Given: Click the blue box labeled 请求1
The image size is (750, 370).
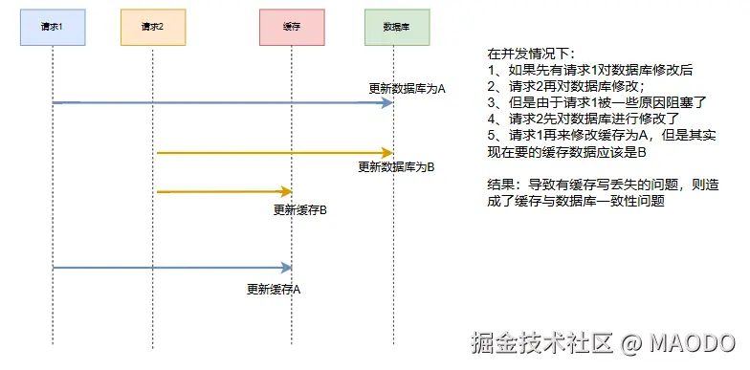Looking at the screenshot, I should (53, 27).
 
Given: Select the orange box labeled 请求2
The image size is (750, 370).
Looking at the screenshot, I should (152, 27).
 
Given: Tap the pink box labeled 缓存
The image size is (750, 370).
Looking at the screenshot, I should (291, 28).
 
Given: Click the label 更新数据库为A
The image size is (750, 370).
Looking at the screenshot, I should (408, 88).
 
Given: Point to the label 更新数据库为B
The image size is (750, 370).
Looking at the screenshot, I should (396, 166).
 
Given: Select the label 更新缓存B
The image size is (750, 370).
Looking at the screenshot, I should (300, 208).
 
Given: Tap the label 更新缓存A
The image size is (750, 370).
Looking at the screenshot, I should (274, 288).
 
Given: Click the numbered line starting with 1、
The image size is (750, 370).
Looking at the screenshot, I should (590, 70).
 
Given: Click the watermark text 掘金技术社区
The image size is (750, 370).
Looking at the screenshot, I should (540, 342).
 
